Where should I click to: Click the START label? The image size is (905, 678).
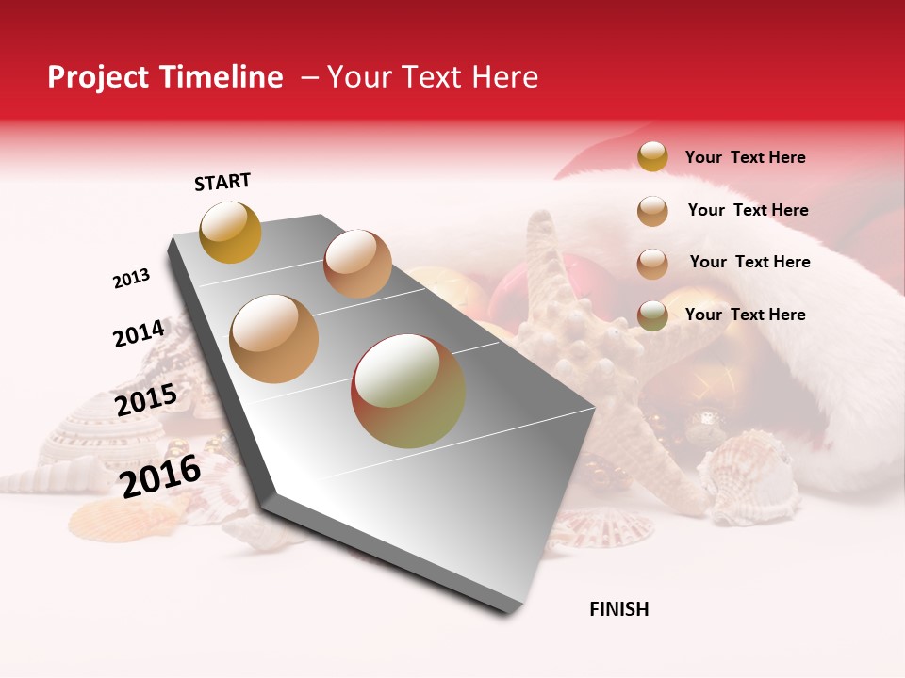(x=222, y=182)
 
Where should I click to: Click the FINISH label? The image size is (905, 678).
(x=619, y=609)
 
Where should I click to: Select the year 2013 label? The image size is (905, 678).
(x=132, y=279)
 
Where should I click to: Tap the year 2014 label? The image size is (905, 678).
(x=139, y=333)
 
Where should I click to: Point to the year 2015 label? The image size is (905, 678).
(x=146, y=400)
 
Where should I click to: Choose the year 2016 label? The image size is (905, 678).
(x=161, y=476)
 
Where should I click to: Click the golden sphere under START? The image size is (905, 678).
(x=231, y=232)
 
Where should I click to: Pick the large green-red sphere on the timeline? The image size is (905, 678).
(x=408, y=391)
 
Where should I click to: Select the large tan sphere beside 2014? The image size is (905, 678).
(x=274, y=338)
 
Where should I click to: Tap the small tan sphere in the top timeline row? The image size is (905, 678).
(x=357, y=264)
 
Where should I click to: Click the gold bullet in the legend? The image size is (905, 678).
(x=652, y=156)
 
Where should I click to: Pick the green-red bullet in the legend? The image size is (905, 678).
(x=652, y=315)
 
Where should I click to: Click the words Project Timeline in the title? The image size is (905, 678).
(x=165, y=77)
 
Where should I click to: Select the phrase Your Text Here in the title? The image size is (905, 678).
(x=432, y=77)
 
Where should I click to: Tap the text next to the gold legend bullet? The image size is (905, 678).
(x=745, y=157)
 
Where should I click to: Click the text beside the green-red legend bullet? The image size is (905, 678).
(x=745, y=315)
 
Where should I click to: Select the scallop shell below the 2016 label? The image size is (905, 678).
(x=104, y=518)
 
